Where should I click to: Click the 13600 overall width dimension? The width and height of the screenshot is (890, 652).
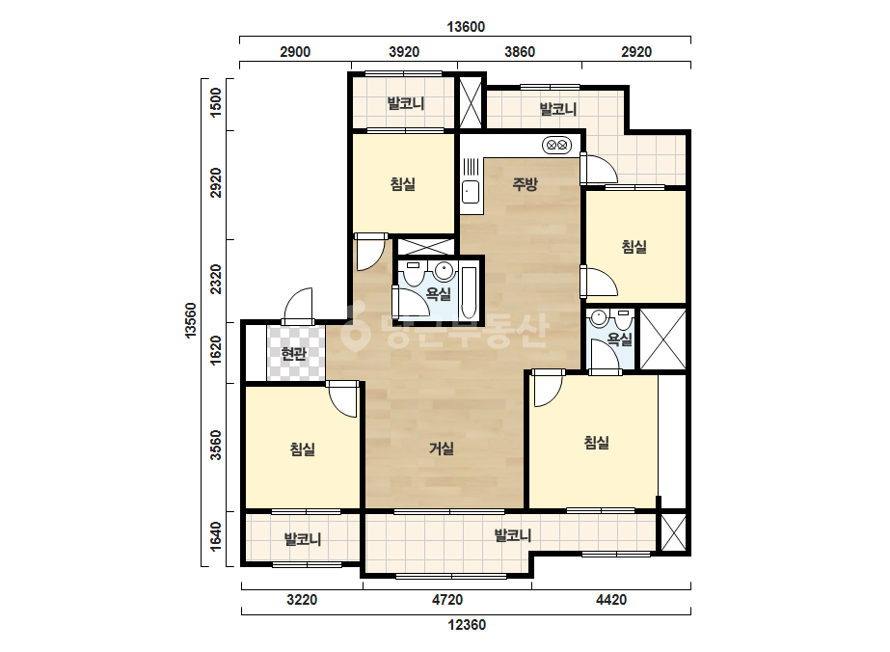click(x=466, y=27)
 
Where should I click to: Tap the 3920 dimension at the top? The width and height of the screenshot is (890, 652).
click(x=404, y=52)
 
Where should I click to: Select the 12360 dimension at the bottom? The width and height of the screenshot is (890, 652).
click(x=467, y=625)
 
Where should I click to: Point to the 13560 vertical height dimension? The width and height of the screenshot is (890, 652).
click(x=191, y=321)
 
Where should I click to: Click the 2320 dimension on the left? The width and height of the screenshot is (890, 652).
click(x=216, y=280)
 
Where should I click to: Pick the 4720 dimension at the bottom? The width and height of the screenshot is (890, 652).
click(x=447, y=600)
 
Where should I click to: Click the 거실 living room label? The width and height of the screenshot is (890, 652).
click(x=442, y=448)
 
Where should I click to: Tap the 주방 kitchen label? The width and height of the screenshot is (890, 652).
click(x=525, y=184)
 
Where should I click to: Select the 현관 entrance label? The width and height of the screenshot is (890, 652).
click(x=293, y=354)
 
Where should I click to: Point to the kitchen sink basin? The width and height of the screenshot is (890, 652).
click(x=470, y=191)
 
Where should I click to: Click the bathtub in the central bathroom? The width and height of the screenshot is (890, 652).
click(x=469, y=292)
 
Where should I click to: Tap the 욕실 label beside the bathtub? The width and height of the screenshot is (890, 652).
click(x=438, y=294)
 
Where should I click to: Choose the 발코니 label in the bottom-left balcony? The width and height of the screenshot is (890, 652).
click(x=303, y=539)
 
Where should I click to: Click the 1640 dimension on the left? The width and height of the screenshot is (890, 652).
click(x=216, y=536)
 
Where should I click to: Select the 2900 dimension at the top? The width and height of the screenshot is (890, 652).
click(x=295, y=52)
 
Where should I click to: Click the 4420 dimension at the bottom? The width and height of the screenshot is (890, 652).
click(x=611, y=600)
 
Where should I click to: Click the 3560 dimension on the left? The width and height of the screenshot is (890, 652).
click(x=216, y=446)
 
